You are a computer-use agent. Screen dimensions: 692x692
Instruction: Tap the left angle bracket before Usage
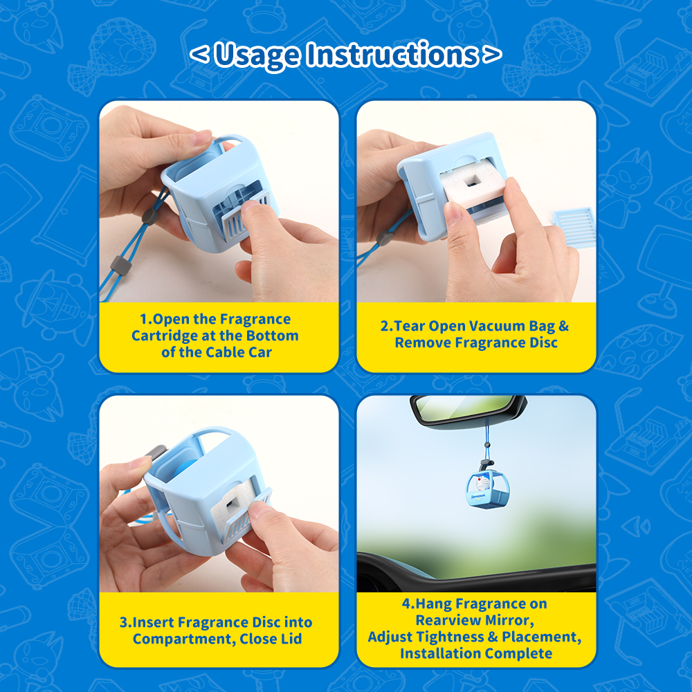point(199,54)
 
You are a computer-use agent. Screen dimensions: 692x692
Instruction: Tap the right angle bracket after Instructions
point(492,54)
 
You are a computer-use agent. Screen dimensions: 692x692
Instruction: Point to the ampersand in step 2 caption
point(563,326)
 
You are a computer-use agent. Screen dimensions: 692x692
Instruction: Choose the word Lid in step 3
point(291,639)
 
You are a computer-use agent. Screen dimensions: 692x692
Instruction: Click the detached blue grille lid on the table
point(574,225)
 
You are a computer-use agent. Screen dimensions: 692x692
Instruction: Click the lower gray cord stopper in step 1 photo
point(120,266)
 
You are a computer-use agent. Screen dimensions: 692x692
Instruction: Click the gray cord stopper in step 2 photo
point(384,238)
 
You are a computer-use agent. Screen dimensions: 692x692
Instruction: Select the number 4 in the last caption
point(406,603)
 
